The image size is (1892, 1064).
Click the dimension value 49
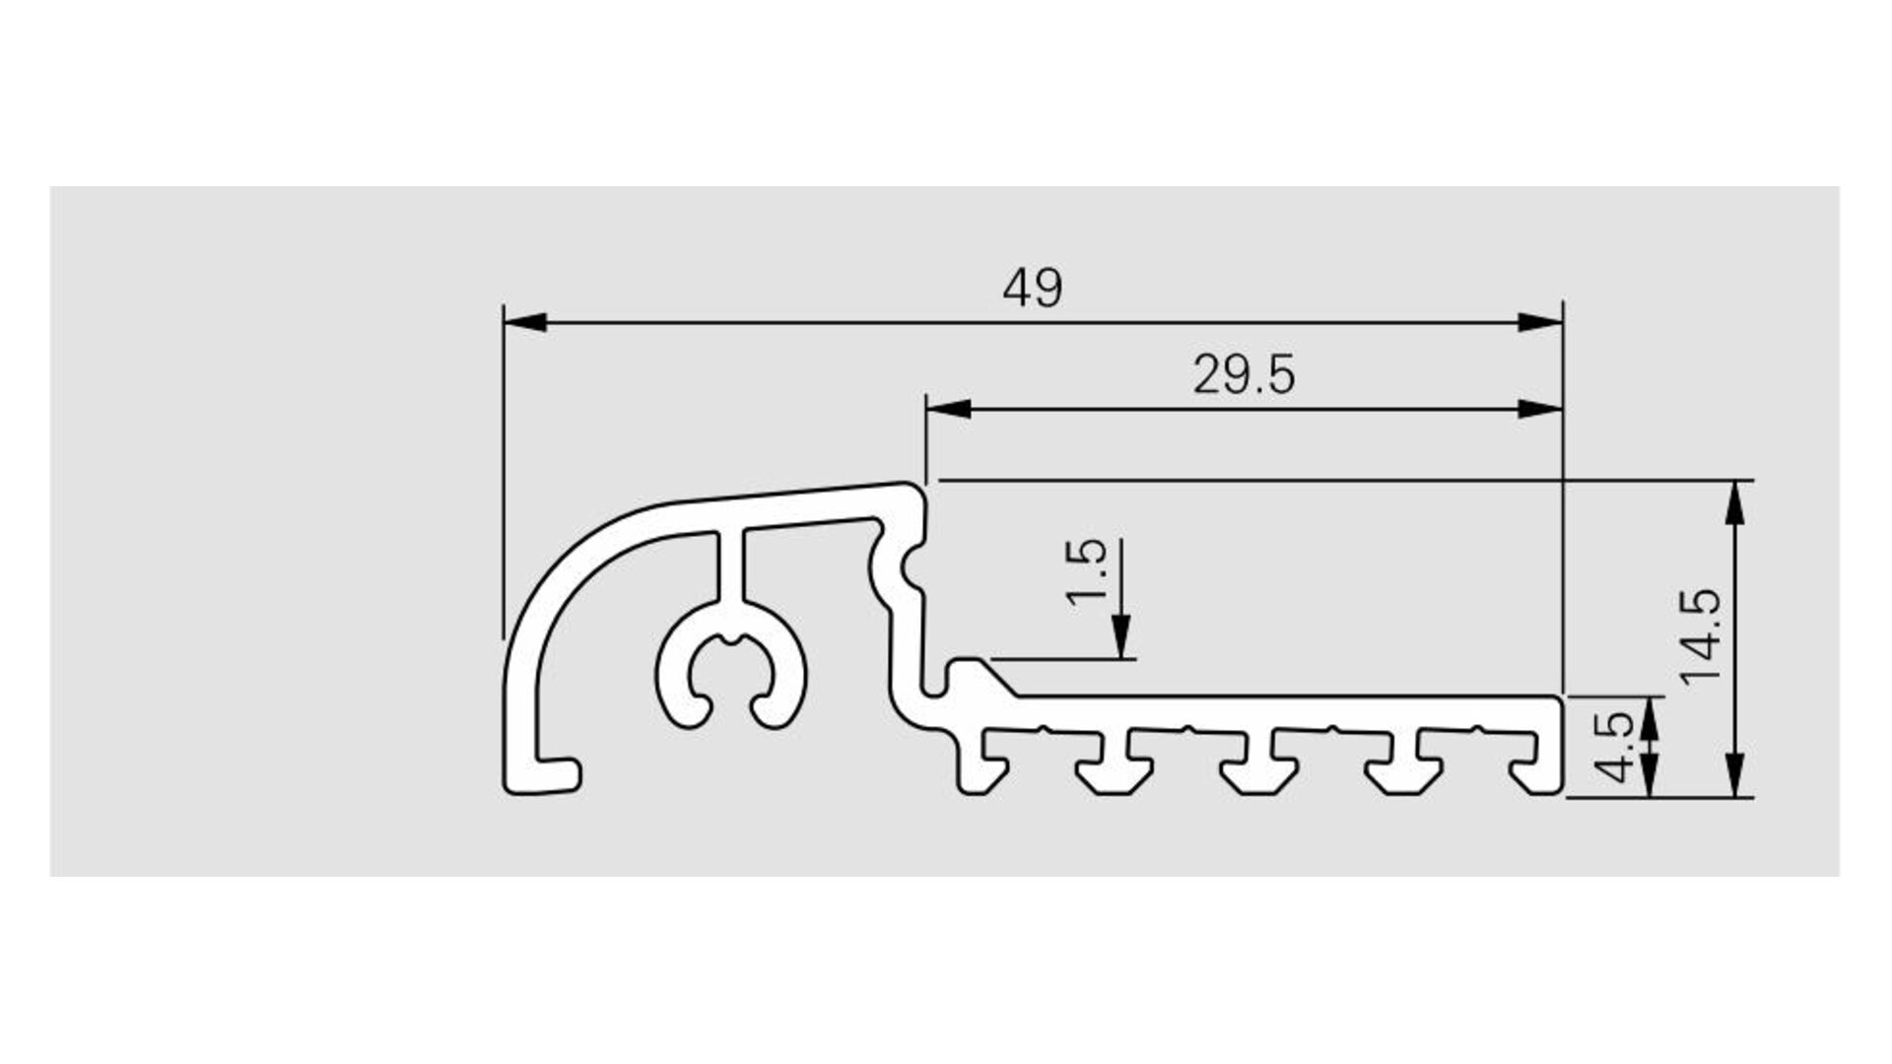coord(1033,289)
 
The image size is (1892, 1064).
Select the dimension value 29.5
coord(1244,375)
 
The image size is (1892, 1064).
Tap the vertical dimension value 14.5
coord(1702,636)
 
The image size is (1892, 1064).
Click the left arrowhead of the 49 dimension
coord(525,322)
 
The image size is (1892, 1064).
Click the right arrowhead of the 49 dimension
coord(1540,322)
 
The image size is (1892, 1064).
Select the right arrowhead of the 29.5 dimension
coord(1540,409)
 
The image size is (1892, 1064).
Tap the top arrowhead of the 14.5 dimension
coord(1735,502)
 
